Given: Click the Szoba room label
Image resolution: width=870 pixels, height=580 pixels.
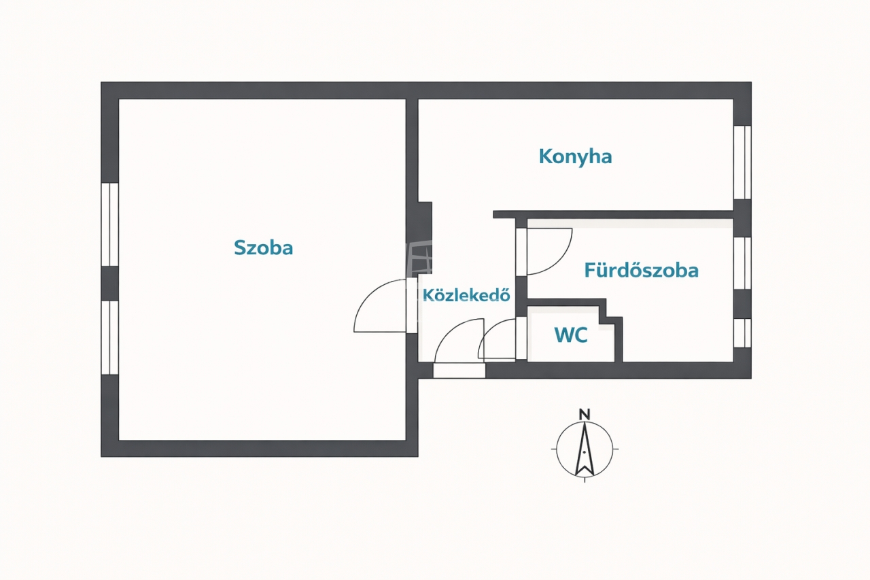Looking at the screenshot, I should point(263,248).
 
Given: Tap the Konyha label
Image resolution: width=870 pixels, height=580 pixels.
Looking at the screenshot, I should point(575,156).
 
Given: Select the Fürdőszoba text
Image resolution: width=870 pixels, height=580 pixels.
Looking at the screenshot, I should point(641,271).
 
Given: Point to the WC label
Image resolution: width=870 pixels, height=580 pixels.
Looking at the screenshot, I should point(570,335).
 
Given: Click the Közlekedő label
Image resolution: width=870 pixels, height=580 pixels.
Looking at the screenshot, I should point(466,295).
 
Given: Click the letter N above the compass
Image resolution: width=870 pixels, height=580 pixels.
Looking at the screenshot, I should point(584,413).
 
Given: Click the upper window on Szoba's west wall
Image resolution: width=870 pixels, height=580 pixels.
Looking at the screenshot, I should point(109,224).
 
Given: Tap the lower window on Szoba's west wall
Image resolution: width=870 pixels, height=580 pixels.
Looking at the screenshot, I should point(109,337).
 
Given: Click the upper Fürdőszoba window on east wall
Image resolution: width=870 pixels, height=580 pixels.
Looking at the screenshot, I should point(742,263).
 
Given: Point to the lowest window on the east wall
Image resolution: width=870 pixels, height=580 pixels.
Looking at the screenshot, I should point(742,332).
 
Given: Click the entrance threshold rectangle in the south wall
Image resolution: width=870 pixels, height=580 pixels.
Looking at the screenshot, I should point(459,371).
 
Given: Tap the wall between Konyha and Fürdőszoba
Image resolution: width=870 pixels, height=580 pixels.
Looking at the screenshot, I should point(612,214).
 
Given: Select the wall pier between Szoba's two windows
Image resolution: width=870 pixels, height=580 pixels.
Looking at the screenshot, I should point(109,283).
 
